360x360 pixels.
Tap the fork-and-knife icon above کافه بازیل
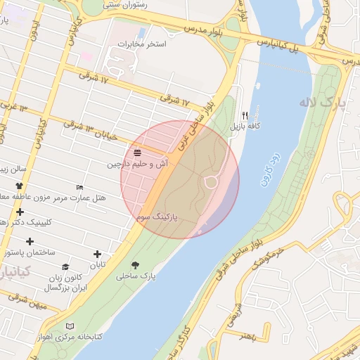coord(245,115)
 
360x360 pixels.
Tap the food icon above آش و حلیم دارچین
coord(136,152)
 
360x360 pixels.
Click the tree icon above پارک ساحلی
coord(135,266)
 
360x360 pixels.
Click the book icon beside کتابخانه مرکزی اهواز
coord(69,326)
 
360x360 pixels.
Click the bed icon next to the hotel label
coord(79,187)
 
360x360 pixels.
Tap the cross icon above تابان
coord(97,254)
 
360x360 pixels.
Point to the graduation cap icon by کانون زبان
coord(65,267)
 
